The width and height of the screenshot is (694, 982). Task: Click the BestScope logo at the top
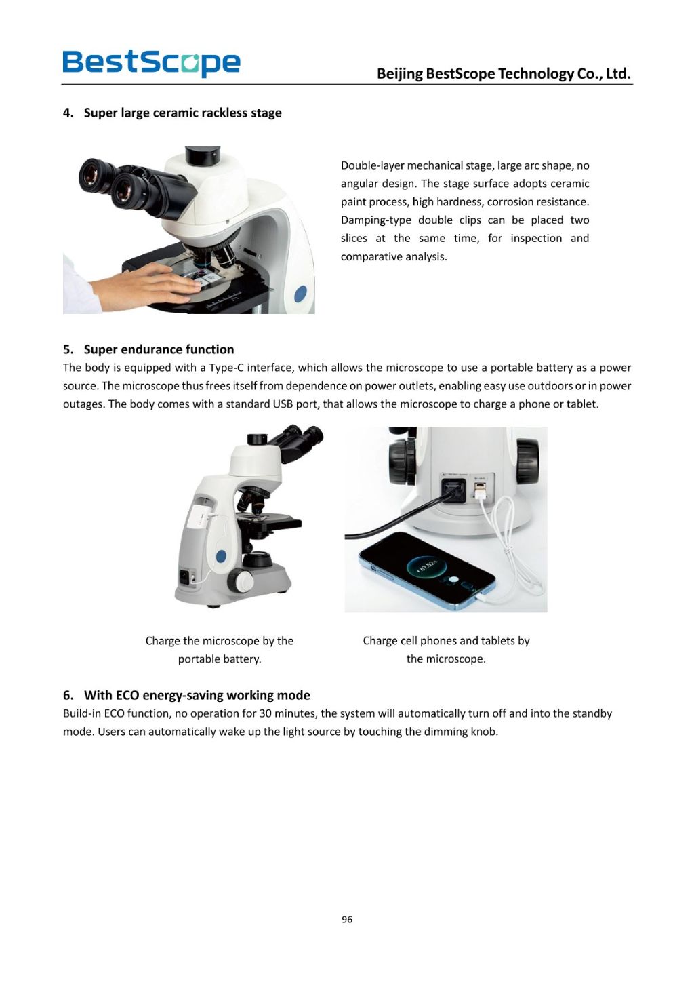[x=151, y=62]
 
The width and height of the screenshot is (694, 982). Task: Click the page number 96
[x=347, y=920]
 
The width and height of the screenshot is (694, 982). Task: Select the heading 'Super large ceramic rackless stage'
[x=182, y=113]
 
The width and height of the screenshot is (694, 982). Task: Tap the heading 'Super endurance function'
[x=159, y=349]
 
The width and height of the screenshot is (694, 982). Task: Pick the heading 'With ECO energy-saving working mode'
[x=197, y=695]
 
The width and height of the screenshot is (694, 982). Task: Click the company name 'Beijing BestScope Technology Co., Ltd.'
[x=503, y=73]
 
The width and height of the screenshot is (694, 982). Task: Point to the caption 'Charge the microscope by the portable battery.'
[x=219, y=650]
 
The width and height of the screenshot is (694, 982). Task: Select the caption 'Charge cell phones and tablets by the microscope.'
[x=446, y=650]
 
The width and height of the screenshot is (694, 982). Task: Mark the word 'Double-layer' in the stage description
[x=372, y=165]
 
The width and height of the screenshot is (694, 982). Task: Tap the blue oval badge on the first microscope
[x=300, y=294]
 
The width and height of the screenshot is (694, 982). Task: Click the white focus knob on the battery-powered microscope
[x=241, y=581]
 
